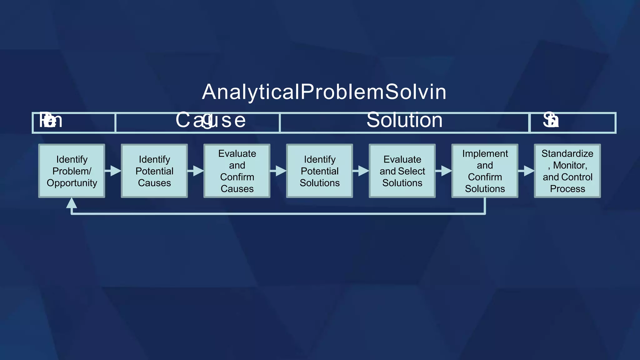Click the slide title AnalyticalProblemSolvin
point(324,92)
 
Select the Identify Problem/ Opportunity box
point(72,171)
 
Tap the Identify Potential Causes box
point(154,171)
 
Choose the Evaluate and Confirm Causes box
point(237,171)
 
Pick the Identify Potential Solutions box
point(319,171)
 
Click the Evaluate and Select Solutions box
point(402,171)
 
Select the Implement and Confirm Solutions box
point(485,171)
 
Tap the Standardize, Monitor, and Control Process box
point(567,171)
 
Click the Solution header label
point(404,120)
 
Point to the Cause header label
point(211,120)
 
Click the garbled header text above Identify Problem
point(51,120)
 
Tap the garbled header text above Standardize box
point(551,120)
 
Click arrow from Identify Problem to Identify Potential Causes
point(113,171)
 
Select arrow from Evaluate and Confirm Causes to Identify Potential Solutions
point(278,171)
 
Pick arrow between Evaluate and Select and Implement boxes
point(444,171)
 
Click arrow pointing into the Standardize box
point(527,171)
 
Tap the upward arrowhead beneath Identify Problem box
point(72,203)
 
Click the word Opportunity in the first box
point(72,183)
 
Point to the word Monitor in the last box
point(569,165)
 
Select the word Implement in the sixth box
point(485,153)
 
